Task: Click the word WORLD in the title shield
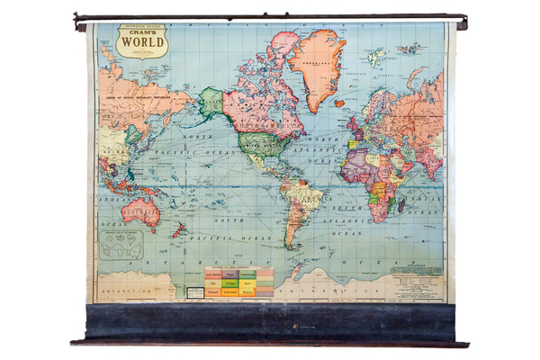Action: [141, 41]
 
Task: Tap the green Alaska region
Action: [211, 102]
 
